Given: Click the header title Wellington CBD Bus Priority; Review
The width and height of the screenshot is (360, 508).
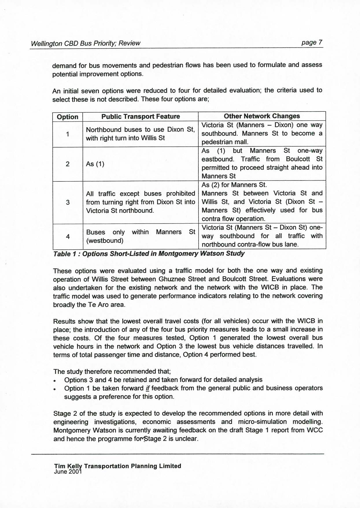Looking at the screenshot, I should click(x=85, y=43).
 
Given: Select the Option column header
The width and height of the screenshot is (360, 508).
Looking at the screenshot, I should click(x=67, y=117).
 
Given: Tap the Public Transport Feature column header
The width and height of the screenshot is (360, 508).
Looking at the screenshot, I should click(x=140, y=117).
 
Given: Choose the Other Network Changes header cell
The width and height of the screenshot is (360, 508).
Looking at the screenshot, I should click(x=262, y=116).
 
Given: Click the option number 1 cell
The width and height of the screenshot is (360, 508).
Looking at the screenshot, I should click(x=67, y=134).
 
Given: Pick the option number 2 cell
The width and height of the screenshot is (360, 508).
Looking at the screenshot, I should click(x=67, y=164).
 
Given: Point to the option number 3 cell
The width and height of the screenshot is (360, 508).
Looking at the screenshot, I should click(x=67, y=202).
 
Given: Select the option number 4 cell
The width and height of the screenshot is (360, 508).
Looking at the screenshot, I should click(x=67, y=236).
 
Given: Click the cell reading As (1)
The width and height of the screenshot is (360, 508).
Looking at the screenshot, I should click(x=95, y=164).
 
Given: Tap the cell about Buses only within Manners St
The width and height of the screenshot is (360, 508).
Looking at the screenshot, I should click(x=140, y=236).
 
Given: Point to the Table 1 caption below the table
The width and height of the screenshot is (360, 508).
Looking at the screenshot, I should click(x=149, y=254).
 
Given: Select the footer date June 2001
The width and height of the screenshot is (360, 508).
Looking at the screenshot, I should click(x=68, y=472).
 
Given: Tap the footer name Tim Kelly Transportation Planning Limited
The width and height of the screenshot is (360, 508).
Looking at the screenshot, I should click(x=117, y=466).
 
